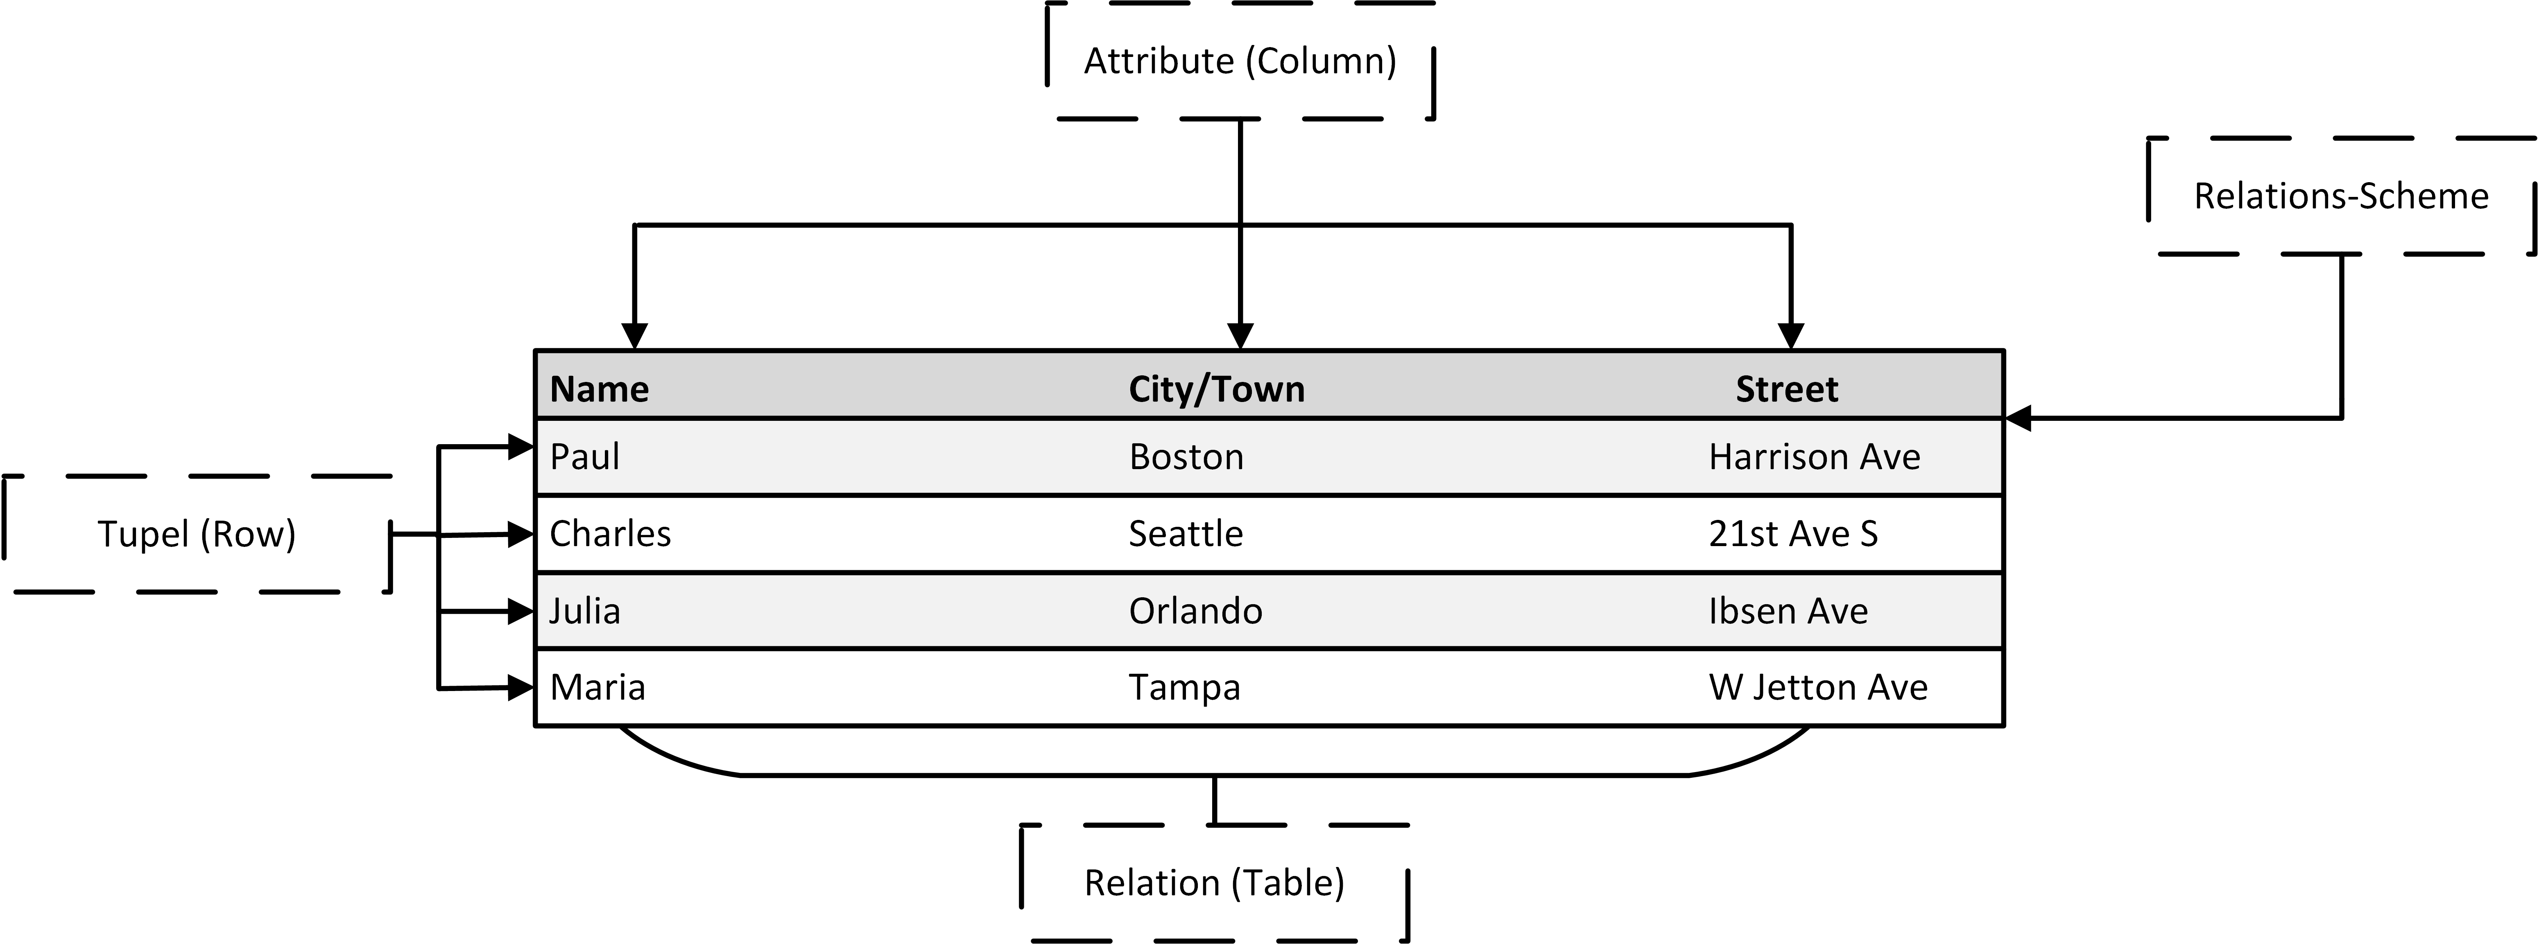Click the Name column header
pyautogui.click(x=599, y=389)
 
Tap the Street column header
pyautogui.click(x=1787, y=389)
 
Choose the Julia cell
pyautogui.click(x=584, y=611)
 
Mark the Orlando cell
pyautogui.click(x=1195, y=611)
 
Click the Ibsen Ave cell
pyautogui.click(x=1788, y=611)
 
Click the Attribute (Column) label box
pyautogui.click(x=1240, y=61)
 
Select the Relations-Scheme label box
pyautogui.click(x=2341, y=196)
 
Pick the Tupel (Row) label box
pyautogui.click(x=197, y=534)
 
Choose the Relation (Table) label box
pyautogui.click(x=1214, y=883)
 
